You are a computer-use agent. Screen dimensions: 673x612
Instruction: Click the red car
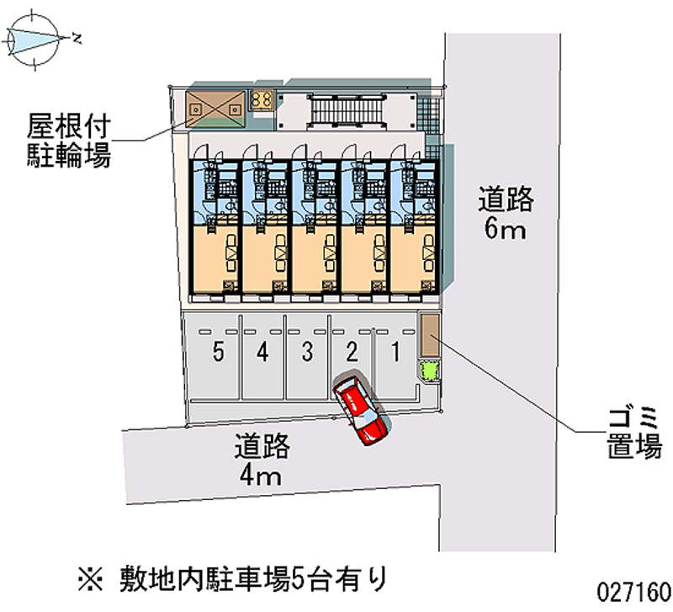(360, 410)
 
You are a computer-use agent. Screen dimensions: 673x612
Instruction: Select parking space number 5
(218, 354)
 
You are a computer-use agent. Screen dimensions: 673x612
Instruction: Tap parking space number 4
(262, 354)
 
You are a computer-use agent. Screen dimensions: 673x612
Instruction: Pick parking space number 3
(307, 354)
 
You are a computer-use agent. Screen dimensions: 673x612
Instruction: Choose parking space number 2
(352, 354)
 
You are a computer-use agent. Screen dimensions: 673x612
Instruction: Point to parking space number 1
(395, 354)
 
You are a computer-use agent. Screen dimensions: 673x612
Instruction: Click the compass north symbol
(34, 37)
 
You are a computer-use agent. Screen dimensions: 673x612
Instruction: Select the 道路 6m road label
(506, 214)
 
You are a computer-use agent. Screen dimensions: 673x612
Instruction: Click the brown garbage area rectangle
(430, 336)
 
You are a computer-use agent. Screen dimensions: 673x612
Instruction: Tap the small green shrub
(429, 370)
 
